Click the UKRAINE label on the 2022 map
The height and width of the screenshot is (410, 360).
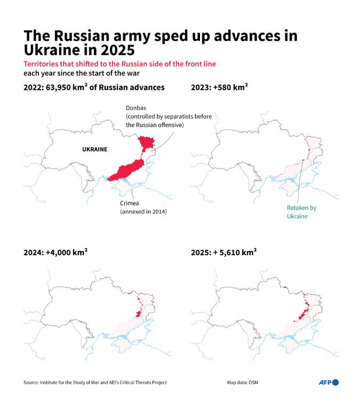94,149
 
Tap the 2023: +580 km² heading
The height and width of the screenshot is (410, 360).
219,88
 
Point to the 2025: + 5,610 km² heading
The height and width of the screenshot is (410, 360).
223,253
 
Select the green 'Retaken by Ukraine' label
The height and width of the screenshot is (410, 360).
302,212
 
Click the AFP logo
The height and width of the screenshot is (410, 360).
329,382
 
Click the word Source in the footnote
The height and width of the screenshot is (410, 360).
31,382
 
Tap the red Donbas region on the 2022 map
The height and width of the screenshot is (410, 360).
145,143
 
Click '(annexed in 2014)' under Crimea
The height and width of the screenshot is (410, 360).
143,212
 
